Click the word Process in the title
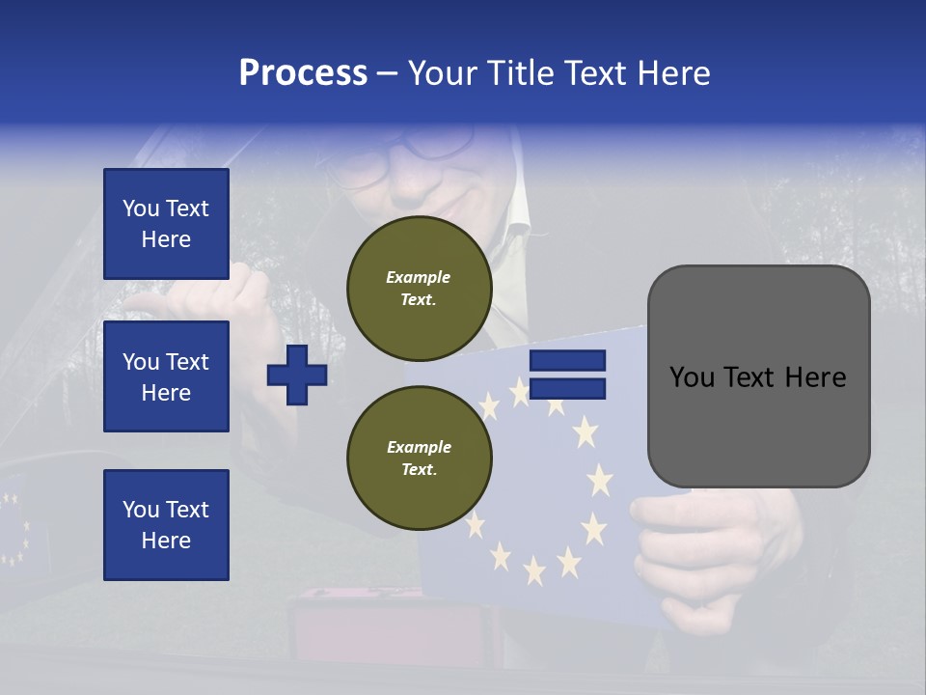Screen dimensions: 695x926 click(x=303, y=73)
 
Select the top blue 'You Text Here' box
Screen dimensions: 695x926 click(x=166, y=224)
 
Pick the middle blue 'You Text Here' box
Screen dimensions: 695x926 click(x=166, y=376)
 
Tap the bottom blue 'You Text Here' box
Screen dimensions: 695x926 click(x=166, y=524)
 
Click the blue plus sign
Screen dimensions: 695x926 click(x=297, y=375)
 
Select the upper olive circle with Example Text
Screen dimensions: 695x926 click(x=419, y=288)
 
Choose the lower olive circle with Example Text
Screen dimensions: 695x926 click(x=419, y=458)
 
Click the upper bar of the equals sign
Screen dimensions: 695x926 click(x=568, y=360)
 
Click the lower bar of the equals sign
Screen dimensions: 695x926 click(x=568, y=388)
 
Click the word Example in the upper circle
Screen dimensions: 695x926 click(x=419, y=277)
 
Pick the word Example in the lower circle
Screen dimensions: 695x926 click(x=419, y=447)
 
